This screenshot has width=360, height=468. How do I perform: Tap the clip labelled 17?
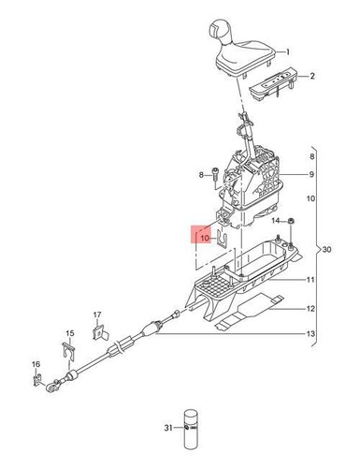[99, 329]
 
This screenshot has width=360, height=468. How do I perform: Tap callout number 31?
[169, 430]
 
